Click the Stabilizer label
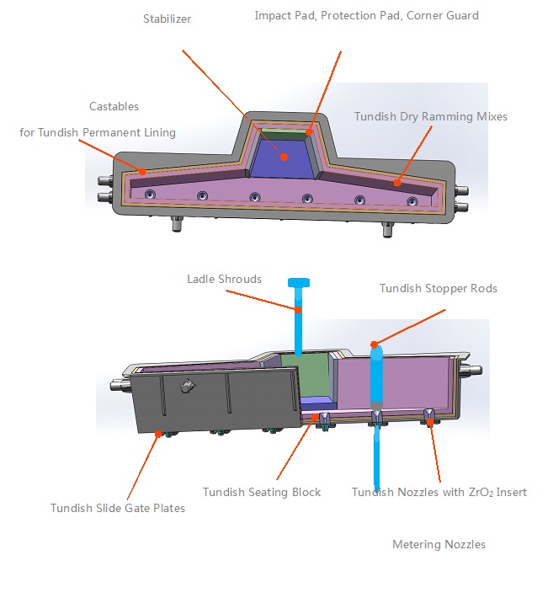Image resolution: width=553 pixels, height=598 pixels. coord(167,19)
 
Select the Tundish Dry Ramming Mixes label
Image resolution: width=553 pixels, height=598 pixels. coord(430,116)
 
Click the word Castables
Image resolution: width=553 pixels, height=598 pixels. coord(114,106)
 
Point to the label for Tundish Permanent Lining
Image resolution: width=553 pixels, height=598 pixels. coord(98,132)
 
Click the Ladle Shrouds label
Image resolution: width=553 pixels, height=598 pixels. coord(224,279)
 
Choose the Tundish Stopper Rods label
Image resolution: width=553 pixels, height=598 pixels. coord(438,288)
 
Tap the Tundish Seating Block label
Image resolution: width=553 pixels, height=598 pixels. coord(261,492)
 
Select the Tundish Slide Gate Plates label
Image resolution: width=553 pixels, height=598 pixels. coord(117,507)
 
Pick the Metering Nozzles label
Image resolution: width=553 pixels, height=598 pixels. coord(439,544)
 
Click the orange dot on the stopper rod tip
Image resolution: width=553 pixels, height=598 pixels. coord(375,344)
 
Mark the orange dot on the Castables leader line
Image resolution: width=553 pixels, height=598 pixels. coord(143,172)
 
